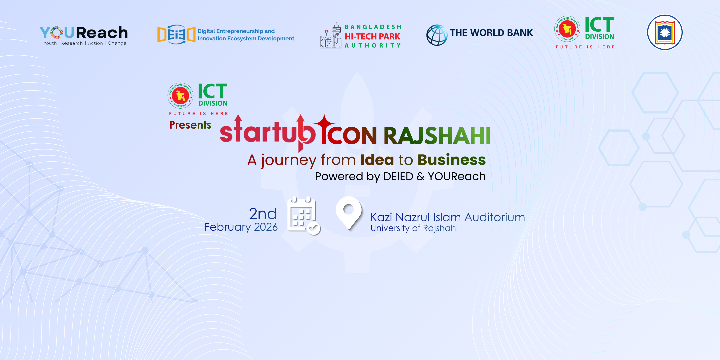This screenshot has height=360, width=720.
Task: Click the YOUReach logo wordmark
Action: point(84,33)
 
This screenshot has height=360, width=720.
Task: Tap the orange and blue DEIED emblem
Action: point(176,35)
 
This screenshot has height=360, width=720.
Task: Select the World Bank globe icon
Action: point(437,35)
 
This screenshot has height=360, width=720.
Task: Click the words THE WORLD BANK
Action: point(491,33)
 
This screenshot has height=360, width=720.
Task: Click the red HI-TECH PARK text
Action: point(372,36)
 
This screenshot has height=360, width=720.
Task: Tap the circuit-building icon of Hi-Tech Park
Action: point(331,36)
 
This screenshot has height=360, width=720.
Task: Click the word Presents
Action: point(190,125)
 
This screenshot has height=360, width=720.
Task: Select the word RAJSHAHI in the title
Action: point(437,136)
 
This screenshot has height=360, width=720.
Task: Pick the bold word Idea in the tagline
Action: point(377,160)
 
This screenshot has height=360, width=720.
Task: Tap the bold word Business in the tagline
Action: point(451,160)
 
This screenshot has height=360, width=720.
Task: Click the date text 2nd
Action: point(263,214)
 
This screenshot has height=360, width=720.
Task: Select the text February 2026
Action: point(241,227)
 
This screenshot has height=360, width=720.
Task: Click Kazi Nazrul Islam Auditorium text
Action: point(447,217)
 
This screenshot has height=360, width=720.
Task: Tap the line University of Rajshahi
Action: point(414,228)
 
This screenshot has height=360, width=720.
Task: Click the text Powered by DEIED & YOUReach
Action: point(400,176)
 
